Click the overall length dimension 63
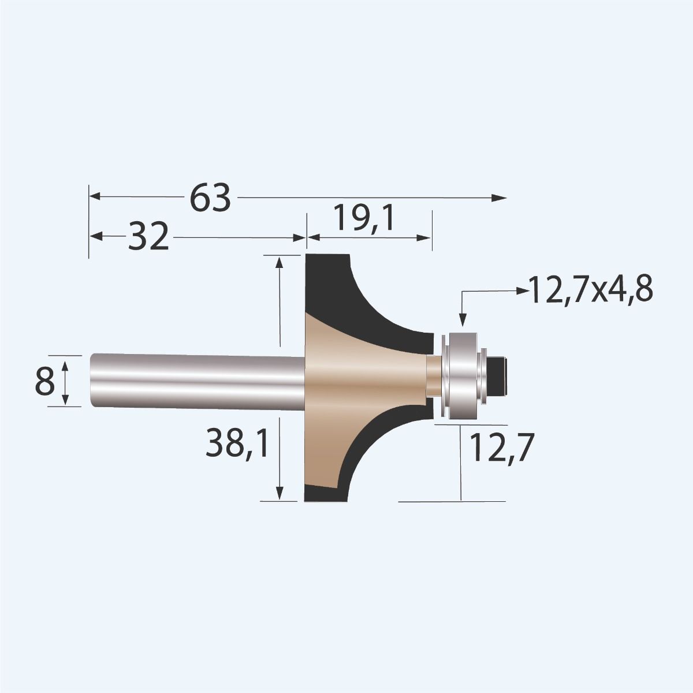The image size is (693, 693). click(x=211, y=198)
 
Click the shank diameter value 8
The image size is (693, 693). click(x=45, y=382)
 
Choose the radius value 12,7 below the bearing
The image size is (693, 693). click(x=500, y=449)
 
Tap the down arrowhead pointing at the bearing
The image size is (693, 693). click(x=461, y=320)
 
